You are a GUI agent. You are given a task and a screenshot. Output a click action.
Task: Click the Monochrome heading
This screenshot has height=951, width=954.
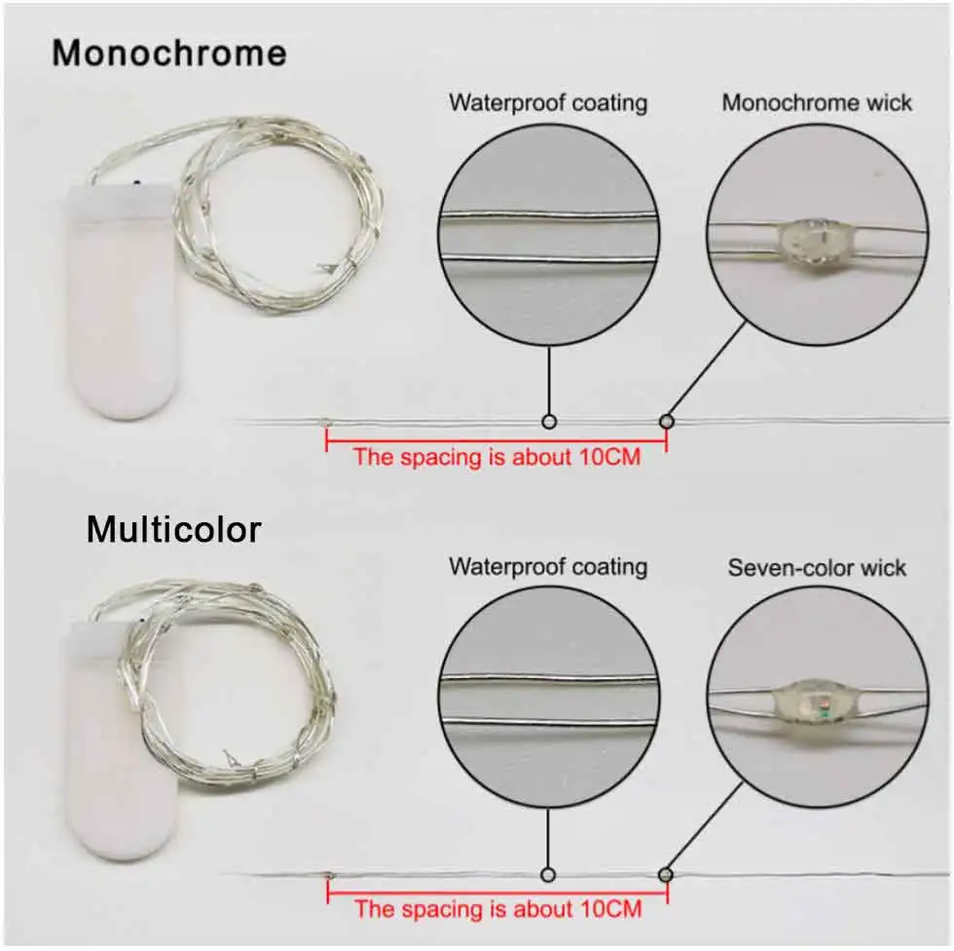coord(168,53)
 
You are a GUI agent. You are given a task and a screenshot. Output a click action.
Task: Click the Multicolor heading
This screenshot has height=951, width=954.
coord(173,530)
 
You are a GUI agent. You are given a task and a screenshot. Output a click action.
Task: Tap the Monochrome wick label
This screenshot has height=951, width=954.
coord(817,102)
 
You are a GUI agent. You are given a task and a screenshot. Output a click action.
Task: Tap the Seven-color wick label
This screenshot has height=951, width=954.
coord(817,567)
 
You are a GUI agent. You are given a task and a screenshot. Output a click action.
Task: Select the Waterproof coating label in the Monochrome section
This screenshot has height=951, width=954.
coord(548,102)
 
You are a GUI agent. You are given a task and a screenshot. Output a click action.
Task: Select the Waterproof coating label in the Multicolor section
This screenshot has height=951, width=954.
coord(548,566)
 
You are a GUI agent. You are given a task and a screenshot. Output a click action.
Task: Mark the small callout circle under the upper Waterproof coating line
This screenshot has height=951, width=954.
coord(549,422)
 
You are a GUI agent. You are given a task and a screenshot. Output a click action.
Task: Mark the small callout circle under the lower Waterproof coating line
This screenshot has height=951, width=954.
coord(549,873)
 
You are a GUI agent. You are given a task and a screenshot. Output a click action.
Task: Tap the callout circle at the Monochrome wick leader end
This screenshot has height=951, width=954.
coord(667,422)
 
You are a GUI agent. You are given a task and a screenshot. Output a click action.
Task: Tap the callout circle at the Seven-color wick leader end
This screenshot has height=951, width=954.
coord(667,873)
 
